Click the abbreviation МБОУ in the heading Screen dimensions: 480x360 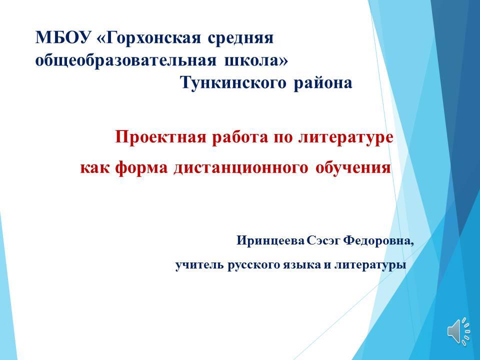pos(63,38)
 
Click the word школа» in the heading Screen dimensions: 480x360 pos(256,60)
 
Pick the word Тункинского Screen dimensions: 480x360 pos(233,82)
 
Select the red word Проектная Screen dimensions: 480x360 pos(161,137)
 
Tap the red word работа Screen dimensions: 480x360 pos(239,137)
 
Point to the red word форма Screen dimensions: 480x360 pos(141,168)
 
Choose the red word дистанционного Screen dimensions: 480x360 pos(240,168)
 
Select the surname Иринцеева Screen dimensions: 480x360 pos(270,240)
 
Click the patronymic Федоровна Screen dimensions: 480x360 pos(378,240)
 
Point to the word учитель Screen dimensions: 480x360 pos(199,265)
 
